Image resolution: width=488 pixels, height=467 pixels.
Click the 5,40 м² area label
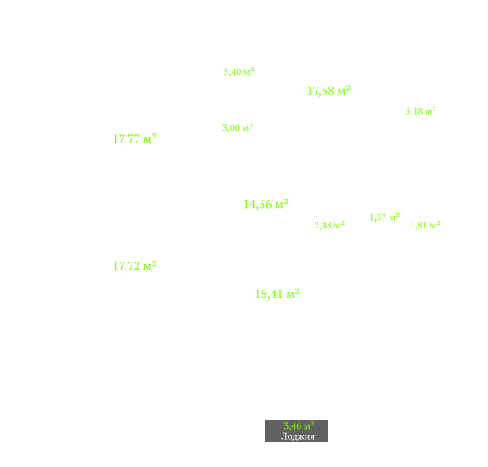(238, 71)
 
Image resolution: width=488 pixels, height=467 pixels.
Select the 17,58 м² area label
(328, 91)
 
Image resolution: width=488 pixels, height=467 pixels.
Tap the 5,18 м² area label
(420, 111)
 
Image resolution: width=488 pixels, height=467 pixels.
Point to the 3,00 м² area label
(238, 127)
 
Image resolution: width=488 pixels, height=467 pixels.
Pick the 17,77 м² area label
(135, 139)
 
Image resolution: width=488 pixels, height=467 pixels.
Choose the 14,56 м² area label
(266, 205)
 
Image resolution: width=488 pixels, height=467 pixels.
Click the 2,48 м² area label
(329, 225)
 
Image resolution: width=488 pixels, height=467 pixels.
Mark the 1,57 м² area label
(384, 217)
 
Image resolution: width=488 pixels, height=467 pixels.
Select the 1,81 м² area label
(425, 225)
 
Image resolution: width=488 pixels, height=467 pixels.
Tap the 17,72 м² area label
(135, 267)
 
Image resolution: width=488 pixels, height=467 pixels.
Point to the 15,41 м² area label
(277, 294)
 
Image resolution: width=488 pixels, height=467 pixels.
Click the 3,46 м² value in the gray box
(299, 425)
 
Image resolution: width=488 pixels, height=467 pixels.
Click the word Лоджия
(298, 436)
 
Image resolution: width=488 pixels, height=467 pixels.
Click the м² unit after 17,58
(344, 90)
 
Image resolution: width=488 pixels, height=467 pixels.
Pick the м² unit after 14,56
(282, 204)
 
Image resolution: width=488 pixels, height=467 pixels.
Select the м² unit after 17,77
(150, 138)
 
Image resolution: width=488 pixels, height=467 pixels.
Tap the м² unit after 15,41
(293, 293)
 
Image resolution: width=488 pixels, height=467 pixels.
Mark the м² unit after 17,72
(150, 266)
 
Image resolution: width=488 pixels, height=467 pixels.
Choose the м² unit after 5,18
(431, 110)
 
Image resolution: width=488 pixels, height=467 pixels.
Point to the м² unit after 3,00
(248, 127)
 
